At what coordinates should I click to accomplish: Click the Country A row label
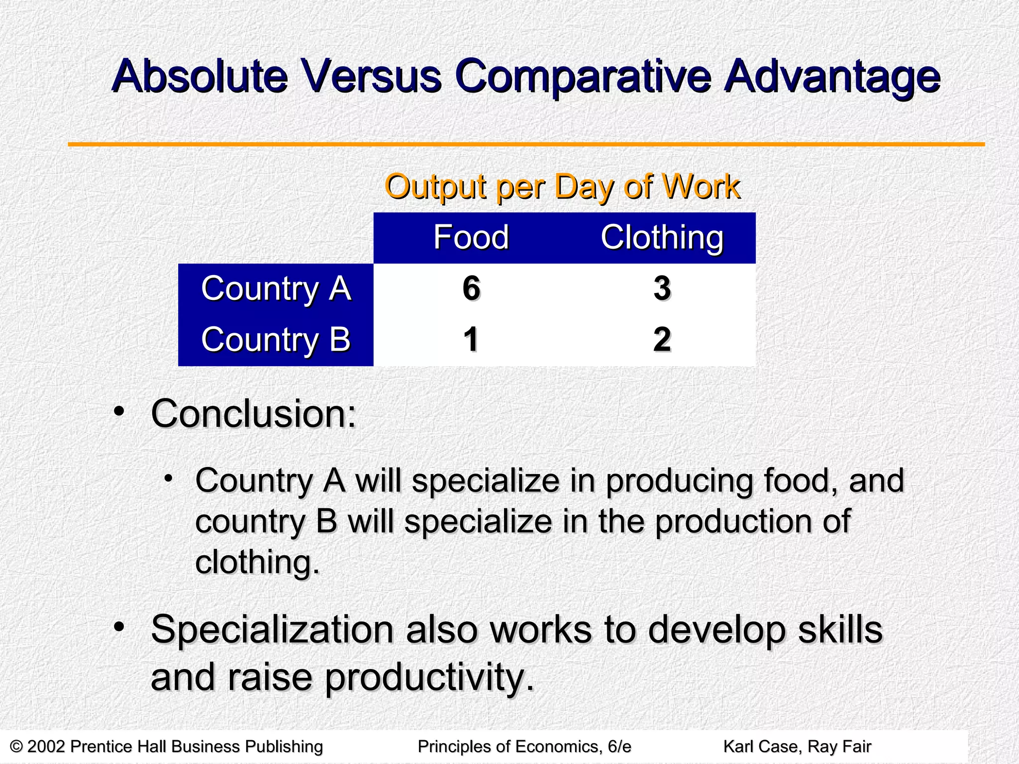pos(276,288)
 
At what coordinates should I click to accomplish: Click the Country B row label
pos(276,340)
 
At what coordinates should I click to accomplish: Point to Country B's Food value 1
pos(471,340)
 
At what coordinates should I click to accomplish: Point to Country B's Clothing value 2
pos(662,340)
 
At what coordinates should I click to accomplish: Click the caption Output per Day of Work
pos(562,187)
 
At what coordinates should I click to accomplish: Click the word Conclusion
pos(254,414)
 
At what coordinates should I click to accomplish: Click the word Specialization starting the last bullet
pos(272,630)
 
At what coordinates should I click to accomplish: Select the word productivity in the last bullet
pos(430,677)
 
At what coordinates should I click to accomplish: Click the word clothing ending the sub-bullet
pos(257,563)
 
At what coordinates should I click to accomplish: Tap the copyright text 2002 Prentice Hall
pos(167,747)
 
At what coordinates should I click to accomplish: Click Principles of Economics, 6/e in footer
pos(524,747)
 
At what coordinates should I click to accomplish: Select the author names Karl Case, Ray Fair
pos(797,747)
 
